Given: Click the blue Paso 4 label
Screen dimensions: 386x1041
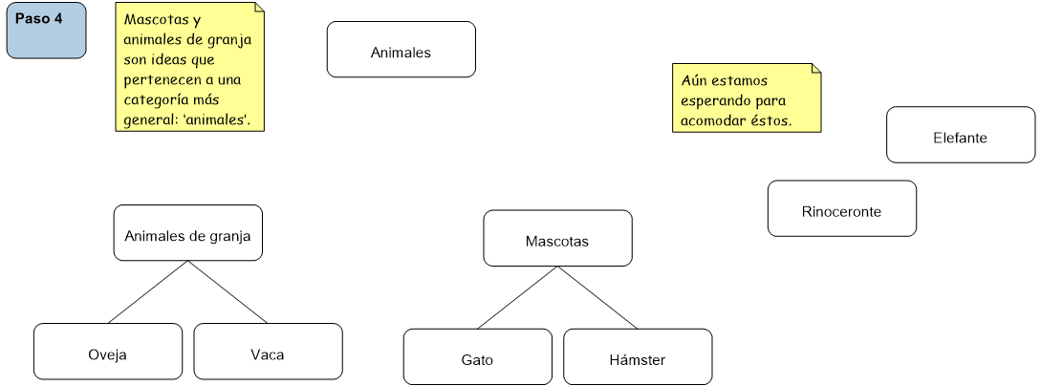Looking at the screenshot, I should [x=46, y=30].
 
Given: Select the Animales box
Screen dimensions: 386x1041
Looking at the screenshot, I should [x=401, y=50].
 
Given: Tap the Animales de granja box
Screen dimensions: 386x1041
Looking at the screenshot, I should [x=187, y=233].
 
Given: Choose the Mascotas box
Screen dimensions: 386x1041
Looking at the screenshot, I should [x=557, y=239].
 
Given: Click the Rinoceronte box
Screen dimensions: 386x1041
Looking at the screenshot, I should [x=841, y=208].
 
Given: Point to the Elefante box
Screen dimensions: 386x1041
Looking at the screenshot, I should [x=960, y=136].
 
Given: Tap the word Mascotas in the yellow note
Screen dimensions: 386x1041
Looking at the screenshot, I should [x=151, y=19].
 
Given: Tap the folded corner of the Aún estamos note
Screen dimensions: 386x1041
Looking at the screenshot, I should [x=815, y=69].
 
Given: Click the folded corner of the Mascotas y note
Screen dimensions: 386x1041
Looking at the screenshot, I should [x=258, y=9].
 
